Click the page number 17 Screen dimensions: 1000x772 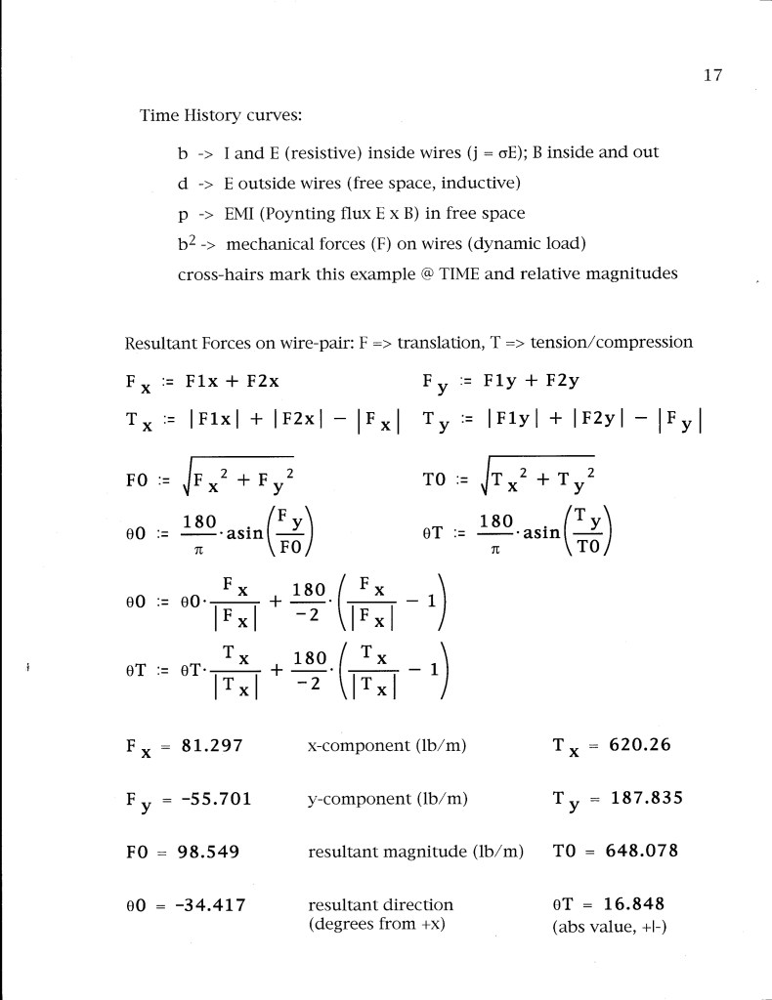710,76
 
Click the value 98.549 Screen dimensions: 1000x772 208,851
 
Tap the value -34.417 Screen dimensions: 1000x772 211,904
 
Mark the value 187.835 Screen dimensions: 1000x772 646,799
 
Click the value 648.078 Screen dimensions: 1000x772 641,851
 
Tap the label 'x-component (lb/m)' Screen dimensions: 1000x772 387,746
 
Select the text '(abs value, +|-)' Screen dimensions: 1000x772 610,924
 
